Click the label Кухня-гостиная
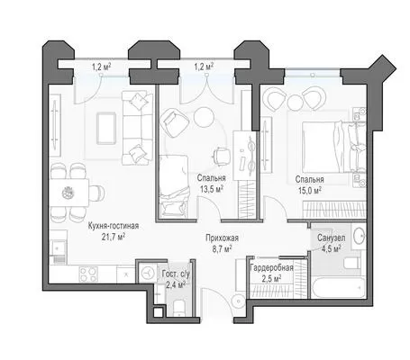pos(114,226)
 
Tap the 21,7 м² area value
pos(114,238)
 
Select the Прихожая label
pos(222,238)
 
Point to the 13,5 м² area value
pos(211,189)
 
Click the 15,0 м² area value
pos(309,191)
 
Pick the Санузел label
pos(332,238)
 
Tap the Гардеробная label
pos(271,268)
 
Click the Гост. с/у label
pos(176,274)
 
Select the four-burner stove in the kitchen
pos(88,274)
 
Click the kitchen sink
pos(59,247)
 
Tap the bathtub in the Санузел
pos(338,288)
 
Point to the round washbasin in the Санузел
pos(359,236)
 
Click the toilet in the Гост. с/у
pos(179,308)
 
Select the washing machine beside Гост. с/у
pos(148,273)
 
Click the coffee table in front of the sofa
pos(106,128)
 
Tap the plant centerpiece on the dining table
pos(68,193)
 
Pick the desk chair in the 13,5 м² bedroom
pos(221,156)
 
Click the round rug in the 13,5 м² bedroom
pos(204,117)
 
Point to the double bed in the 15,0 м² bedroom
pos(334,147)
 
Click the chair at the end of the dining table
pos(97,193)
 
